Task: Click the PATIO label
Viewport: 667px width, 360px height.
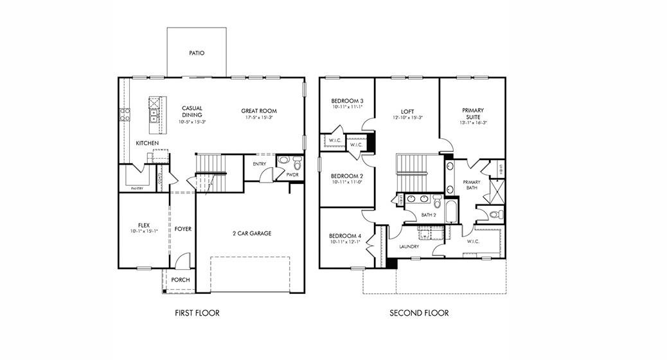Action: click(x=197, y=53)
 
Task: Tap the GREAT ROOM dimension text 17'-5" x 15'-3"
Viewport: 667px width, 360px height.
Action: click(x=259, y=118)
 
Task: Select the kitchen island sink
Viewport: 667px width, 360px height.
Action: click(x=154, y=115)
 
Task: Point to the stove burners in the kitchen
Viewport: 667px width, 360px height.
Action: click(x=124, y=114)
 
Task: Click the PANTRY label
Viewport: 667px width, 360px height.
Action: click(x=137, y=188)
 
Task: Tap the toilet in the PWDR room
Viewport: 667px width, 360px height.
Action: click(x=296, y=161)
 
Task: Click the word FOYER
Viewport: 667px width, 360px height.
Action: click(x=183, y=229)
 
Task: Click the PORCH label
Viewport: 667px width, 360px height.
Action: click(x=180, y=280)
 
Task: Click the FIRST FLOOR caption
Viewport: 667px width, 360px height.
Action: click(x=197, y=313)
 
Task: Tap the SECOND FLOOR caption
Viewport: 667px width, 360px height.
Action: click(x=419, y=313)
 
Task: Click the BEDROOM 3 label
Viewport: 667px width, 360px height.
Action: click(x=347, y=101)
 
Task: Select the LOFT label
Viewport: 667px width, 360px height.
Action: click(x=407, y=111)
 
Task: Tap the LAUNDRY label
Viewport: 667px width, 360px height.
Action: click(x=409, y=246)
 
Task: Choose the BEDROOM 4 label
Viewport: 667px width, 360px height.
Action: click(x=344, y=236)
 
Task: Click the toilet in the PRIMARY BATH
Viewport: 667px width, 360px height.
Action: click(x=494, y=214)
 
